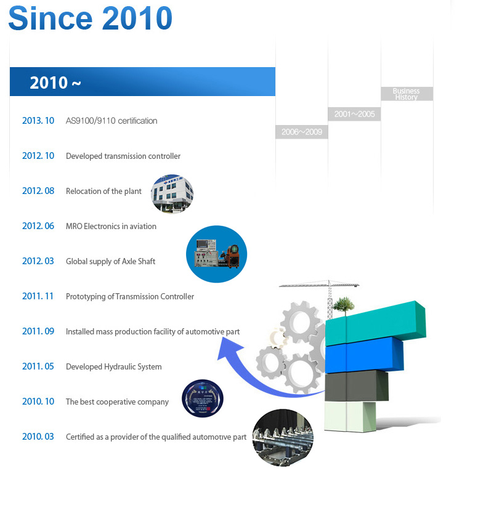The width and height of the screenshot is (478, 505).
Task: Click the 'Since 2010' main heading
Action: pos(90,18)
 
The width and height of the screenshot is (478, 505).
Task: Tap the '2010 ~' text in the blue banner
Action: pos(55,83)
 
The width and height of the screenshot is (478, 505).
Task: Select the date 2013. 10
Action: pos(38,121)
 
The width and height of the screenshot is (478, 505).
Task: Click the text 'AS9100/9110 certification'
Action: pos(111,121)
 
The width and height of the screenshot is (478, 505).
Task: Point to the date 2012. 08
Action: pos(38,191)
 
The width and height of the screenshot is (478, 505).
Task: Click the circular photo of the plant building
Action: pos(172,193)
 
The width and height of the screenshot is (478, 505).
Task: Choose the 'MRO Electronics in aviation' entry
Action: pos(111,226)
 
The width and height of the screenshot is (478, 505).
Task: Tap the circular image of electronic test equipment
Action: pos(216,254)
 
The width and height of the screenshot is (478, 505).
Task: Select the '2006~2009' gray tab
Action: pos(302,132)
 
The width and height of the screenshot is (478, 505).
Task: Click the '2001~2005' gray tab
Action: pos(354,114)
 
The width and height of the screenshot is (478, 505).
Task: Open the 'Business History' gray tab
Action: pos(407,94)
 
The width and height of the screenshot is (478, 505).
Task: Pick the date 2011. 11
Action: pos(38,296)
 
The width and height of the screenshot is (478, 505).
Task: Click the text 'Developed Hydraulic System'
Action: pos(114,366)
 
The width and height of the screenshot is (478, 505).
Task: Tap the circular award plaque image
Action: pos(203,398)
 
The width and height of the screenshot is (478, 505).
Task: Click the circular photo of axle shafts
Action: pos(283,438)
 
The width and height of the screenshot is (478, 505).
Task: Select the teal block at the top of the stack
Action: pos(376,323)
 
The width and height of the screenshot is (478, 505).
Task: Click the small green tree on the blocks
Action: pos(344,306)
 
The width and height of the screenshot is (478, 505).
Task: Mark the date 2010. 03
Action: pos(38,437)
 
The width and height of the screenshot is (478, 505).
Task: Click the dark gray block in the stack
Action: pos(357,386)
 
